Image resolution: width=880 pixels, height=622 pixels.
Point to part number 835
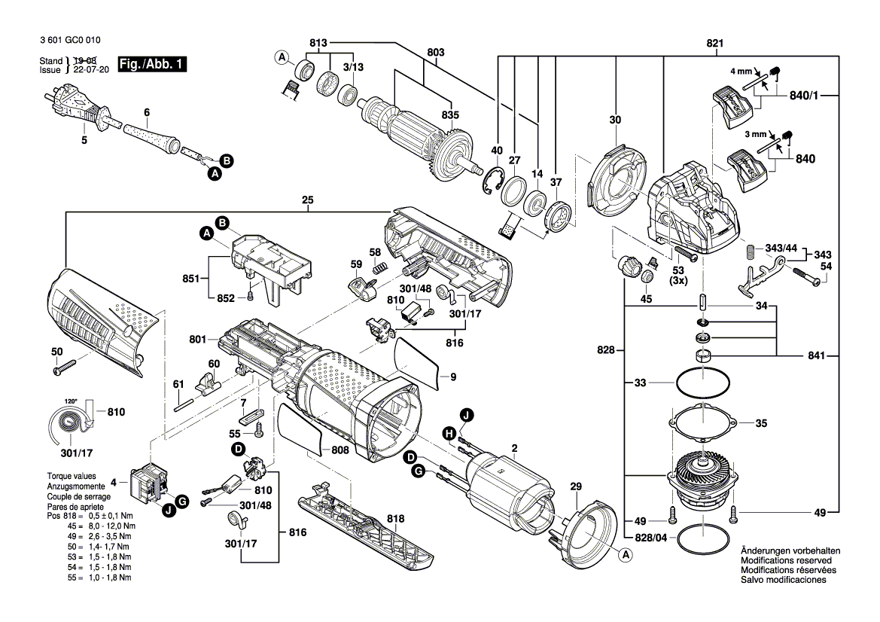click(x=449, y=115)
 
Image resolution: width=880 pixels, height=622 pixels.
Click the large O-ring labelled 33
click(x=702, y=383)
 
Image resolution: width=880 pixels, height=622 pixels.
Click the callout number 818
click(x=395, y=519)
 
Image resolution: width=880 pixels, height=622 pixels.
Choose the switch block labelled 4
click(x=150, y=481)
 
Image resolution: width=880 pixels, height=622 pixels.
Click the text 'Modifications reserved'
click(x=786, y=561)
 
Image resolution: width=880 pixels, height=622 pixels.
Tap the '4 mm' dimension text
click(x=740, y=72)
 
